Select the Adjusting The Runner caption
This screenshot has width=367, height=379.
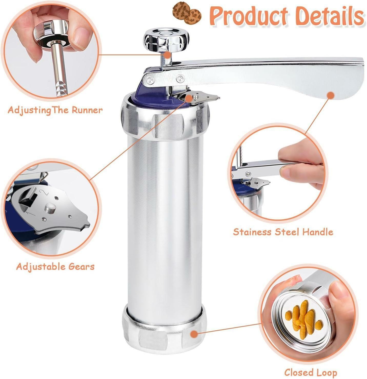(55, 110)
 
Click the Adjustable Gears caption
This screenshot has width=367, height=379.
(55, 266)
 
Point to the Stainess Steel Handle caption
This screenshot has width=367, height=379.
(283, 232)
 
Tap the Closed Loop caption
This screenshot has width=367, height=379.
(311, 372)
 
